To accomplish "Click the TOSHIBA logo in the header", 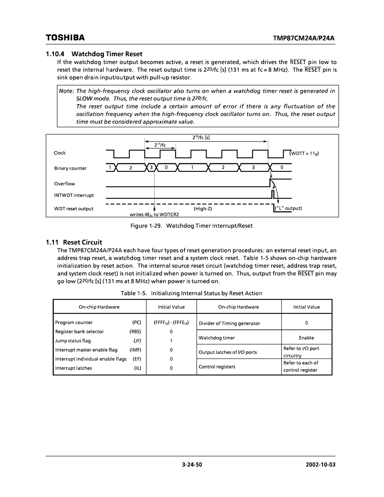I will coord(65,37).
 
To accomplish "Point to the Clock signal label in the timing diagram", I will coord(60,153).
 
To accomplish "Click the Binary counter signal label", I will coord(70,168).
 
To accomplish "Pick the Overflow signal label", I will coord(64,184).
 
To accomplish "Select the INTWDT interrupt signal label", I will coord(74,195).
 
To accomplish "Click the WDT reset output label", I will coord(74,209).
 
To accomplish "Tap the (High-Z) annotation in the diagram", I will coord(203,209).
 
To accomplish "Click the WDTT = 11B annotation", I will coord(305,153).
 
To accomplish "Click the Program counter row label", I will coord(74,323).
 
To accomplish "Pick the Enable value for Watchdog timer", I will coord(306,338).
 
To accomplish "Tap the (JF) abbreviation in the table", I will coord(137,341).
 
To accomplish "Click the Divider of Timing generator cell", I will coord(229,323).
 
